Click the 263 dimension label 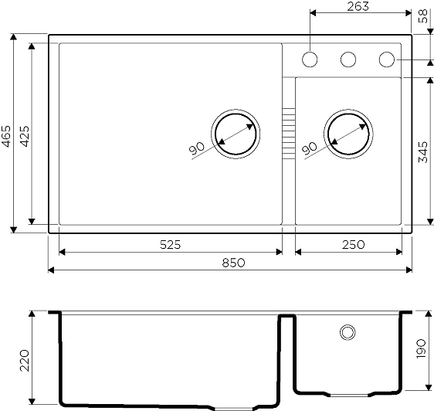[x=358, y=6]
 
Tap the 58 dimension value [x=423, y=16]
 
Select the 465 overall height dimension [x=6, y=136]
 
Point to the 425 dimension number [x=25, y=136]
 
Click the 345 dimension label [x=423, y=152]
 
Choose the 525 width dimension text [x=171, y=245]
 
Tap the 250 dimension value [x=354, y=245]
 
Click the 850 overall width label [x=234, y=263]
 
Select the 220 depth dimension [x=25, y=361]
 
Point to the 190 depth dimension [x=421, y=348]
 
